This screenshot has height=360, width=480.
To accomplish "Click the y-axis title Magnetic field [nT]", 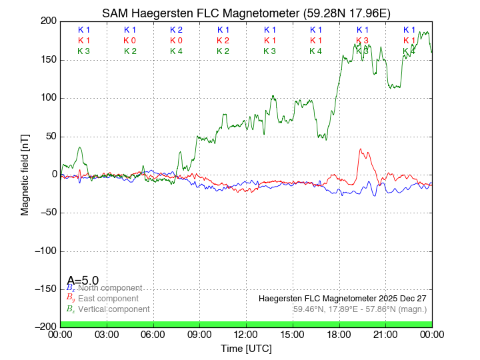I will (x=25, y=173).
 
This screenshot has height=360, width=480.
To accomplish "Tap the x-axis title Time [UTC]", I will (x=246, y=349).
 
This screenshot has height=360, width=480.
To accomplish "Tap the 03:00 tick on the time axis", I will (x=107, y=334).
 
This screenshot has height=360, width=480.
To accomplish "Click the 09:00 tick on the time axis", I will (x=199, y=334).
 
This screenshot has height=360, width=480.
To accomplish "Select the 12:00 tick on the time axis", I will (x=246, y=334).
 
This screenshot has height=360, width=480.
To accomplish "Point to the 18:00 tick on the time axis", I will (x=339, y=334).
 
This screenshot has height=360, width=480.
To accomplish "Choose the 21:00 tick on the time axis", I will (x=385, y=334).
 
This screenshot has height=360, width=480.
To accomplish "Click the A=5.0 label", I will (x=83, y=281).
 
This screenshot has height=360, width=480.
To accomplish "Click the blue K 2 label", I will (x=176, y=30).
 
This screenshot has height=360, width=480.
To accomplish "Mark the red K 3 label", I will (x=362, y=41).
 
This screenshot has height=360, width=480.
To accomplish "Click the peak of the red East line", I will (x=360, y=149).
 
